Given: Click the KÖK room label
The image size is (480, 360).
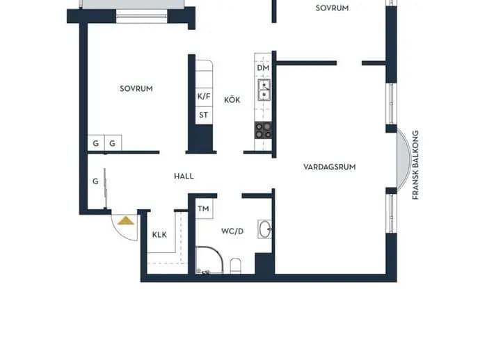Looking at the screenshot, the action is [x=232, y=99].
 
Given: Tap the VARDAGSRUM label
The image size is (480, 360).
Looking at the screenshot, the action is [x=329, y=167].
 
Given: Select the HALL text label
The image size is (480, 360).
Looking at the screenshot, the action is [x=184, y=176].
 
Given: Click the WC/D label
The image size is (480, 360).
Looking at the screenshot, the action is [x=232, y=231].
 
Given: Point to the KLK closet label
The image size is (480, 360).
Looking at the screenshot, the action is [x=159, y=235].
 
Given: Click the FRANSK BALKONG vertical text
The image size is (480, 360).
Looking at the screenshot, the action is [x=415, y=165].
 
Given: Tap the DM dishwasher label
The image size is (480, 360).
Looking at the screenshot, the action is [x=263, y=68].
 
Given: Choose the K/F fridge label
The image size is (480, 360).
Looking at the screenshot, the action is [x=204, y=97].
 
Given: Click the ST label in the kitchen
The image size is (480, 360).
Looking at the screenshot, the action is [x=204, y=115].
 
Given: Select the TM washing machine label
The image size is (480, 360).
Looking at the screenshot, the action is [x=203, y=209].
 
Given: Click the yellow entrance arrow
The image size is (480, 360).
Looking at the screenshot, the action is [x=126, y=221].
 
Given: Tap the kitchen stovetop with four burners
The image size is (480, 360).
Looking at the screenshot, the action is [x=263, y=130].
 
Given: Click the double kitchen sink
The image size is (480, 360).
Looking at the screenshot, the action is [x=264, y=90].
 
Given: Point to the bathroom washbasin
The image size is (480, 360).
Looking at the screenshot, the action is [x=264, y=229].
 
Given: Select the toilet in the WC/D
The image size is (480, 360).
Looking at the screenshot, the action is [x=235, y=265].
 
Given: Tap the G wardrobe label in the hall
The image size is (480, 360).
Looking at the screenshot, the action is [x=95, y=181].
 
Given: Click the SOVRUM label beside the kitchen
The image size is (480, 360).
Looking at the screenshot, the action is [x=136, y=89].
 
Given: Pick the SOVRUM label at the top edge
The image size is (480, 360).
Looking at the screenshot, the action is [x=332, y=8].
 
